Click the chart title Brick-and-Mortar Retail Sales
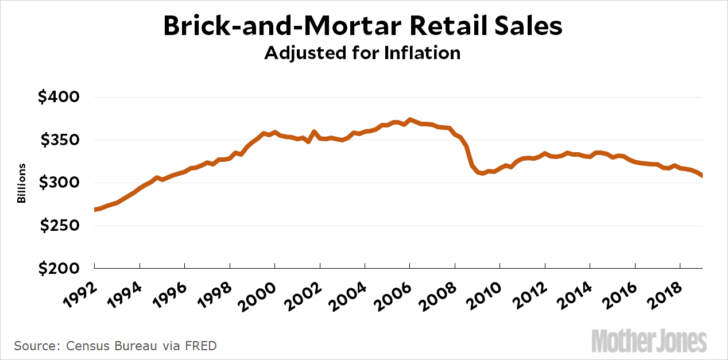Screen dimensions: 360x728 point(363,27)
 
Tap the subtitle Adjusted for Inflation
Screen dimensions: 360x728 point(363,53)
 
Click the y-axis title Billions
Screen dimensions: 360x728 point(21,183)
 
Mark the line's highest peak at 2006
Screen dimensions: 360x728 point(409,120)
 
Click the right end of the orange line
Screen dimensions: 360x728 point(702,176)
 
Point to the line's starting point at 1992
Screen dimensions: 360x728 point(95,210)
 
